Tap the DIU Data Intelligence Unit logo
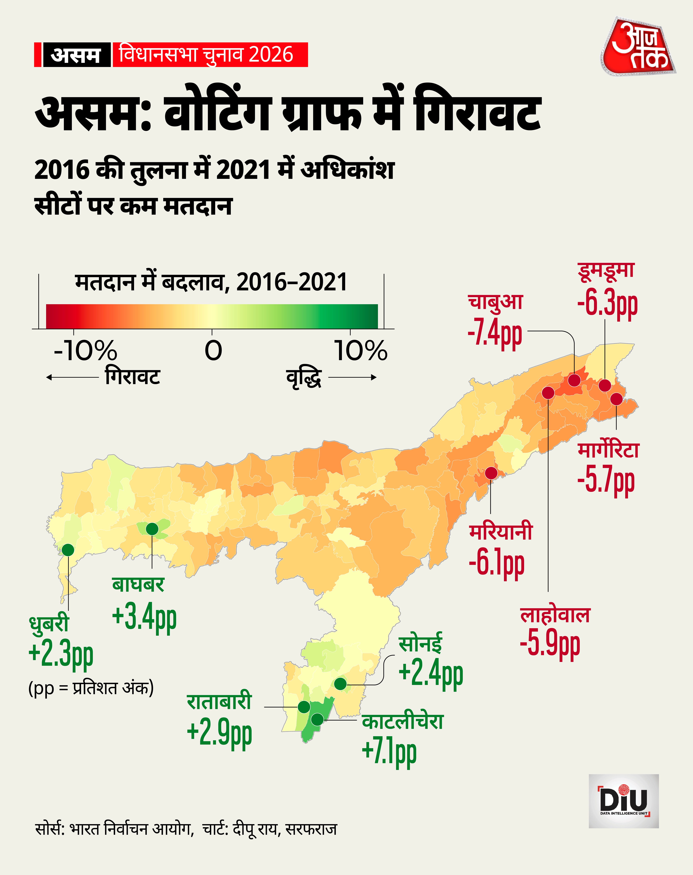click(624, 801)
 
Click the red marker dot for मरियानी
click(491, 473)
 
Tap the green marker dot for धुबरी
click(68, 550)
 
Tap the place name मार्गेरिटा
click(608, 450)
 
